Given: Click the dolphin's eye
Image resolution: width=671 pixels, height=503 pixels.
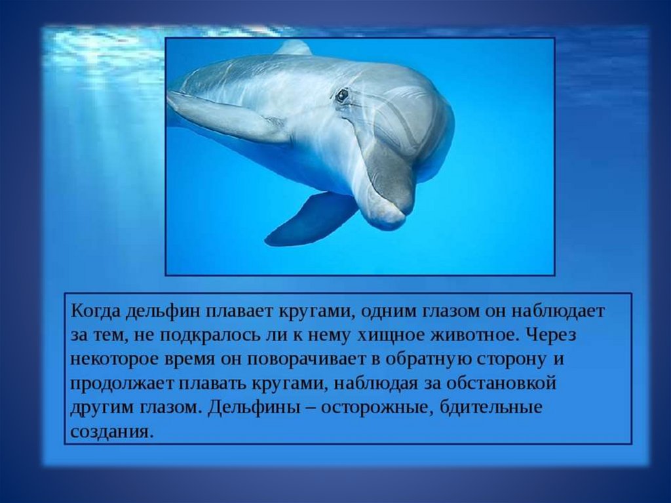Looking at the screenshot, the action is [x=341, y=96].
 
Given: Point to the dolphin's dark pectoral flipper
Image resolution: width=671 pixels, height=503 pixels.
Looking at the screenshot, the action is [x=310, y=218].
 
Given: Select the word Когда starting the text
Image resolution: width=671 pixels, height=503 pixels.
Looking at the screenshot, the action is [x=96, y=312].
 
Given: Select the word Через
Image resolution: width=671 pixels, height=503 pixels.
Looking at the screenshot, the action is [x=551, y=335].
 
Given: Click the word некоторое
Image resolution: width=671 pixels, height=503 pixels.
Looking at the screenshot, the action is [x=114, y=359].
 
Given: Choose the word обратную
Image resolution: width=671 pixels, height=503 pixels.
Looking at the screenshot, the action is [x=427, y=359].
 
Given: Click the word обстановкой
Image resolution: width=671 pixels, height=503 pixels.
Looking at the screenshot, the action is [x=501, y=382].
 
